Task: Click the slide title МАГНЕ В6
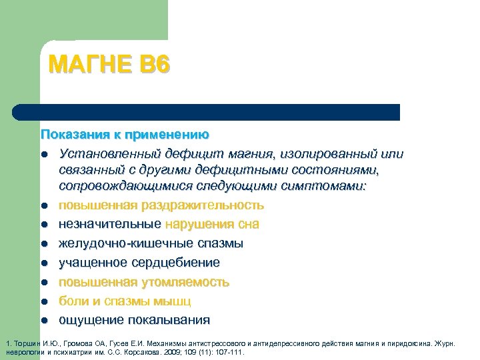coord(110,65)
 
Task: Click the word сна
coord(249,224)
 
